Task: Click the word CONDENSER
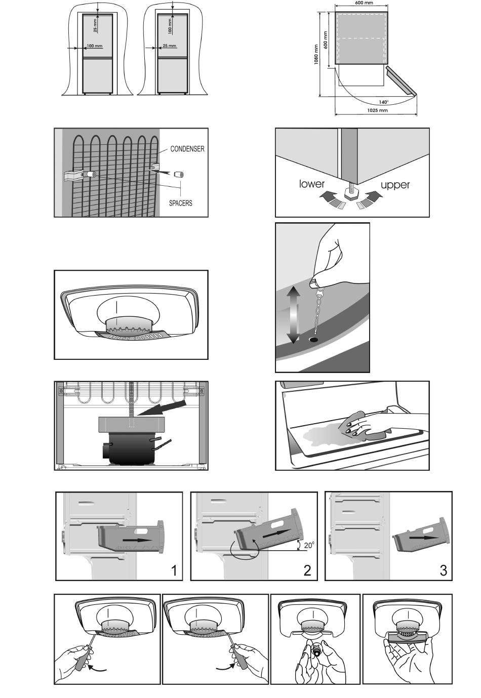[187, 149]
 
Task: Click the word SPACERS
[180, 203]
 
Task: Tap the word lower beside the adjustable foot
[312, 184]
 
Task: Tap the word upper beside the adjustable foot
[395, 185]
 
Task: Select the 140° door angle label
[383, 102]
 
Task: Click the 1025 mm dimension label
[376, 110]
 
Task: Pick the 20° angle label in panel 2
[309, 545]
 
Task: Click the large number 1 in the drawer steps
[174, 570]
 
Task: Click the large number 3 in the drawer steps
[444, 570]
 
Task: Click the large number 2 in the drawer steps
[307, 570]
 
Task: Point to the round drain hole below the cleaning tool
[314, 338]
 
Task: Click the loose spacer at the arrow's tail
[179, 174]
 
